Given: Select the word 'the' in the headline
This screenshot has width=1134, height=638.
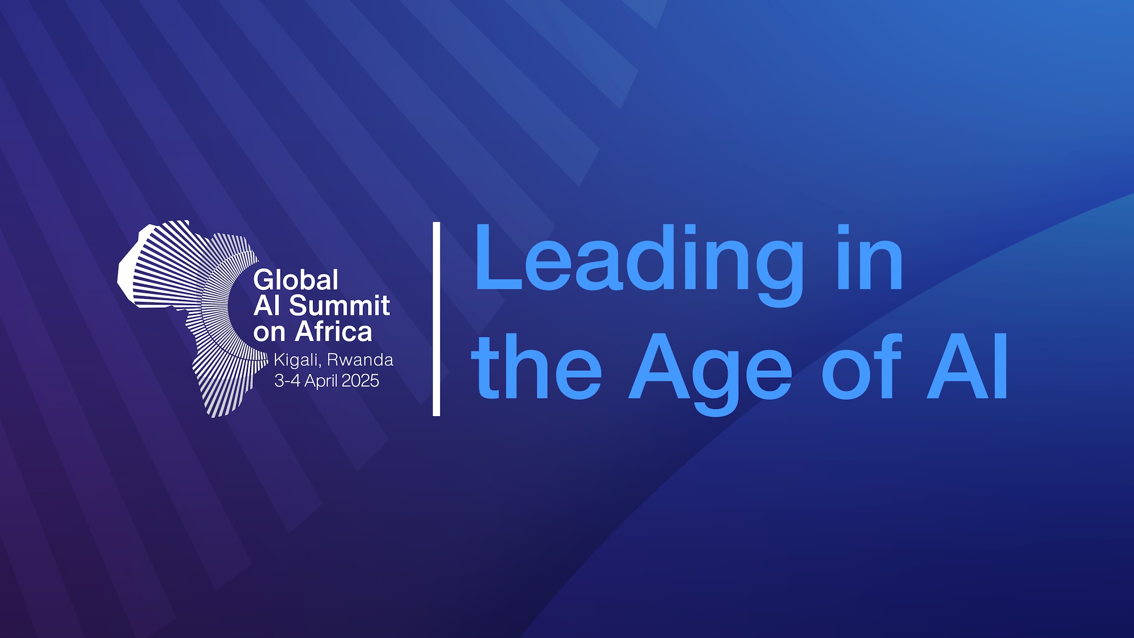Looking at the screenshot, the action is (x=536, y=366).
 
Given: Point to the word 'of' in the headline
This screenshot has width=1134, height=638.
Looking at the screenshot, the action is (x=861, y=366).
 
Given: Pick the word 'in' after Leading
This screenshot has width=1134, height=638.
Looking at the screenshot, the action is (x=870, y=257).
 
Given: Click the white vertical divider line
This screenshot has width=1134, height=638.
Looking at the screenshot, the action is (x=437, y=319).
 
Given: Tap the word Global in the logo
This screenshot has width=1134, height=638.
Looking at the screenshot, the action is (x=296, y=280).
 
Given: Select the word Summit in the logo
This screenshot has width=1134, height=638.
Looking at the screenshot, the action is (x=340, y=306).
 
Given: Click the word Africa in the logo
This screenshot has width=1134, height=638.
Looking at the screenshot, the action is (x=333, y=332).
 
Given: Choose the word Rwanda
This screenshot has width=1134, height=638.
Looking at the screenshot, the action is (x=360, y=360).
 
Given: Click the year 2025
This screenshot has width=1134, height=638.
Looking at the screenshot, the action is (x=361, y=381).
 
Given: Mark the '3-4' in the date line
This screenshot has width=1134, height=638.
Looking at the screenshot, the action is (x=287, y=381).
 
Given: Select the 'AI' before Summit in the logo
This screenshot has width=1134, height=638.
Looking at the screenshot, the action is (x=267, y=306).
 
